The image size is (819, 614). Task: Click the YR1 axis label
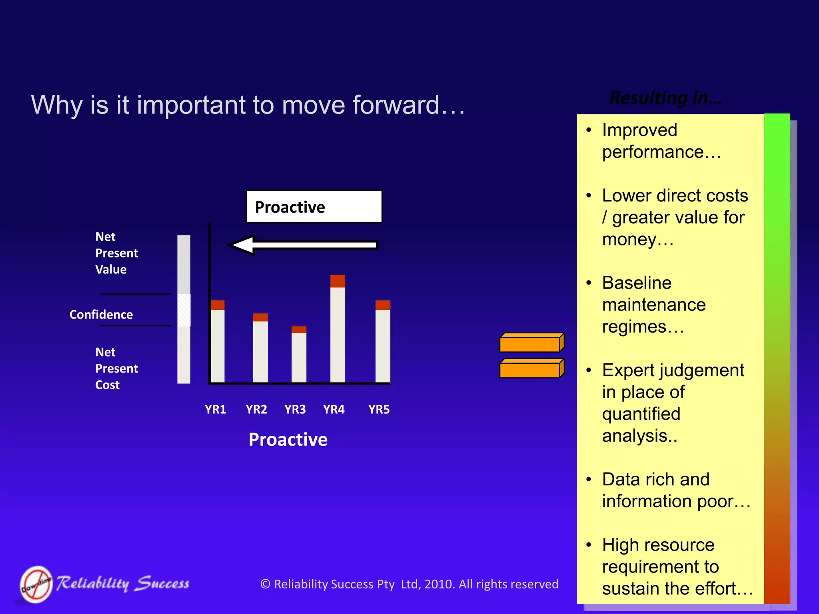click(x=215, y=409)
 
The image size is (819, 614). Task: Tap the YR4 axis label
click(x=334, y=409)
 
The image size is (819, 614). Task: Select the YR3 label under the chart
click(x=295, y=409)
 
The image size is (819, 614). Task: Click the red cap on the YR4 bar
click(x=338, y=281)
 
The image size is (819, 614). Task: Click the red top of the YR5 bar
click(x=383, y=305)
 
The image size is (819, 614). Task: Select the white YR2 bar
click(x=260, y=351)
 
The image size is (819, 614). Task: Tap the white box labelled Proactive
click(x=314, y=207)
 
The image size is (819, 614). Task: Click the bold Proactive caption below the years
click(x=288, y=439)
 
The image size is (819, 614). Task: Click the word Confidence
click(x=101, y=315)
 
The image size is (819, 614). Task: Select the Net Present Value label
click(x=116, y=253)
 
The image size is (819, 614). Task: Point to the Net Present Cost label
click(x=116, y=368)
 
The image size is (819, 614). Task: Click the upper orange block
click(x=531, y=343)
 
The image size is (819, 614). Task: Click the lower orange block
click(x=531, y=369)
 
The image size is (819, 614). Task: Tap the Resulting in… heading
click(x=665, y=98)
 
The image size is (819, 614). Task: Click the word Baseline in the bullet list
click(x=637, y=283)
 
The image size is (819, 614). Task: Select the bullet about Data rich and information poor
click(x=676, y=490)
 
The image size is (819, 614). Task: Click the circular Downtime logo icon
click(x=36, y=584)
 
